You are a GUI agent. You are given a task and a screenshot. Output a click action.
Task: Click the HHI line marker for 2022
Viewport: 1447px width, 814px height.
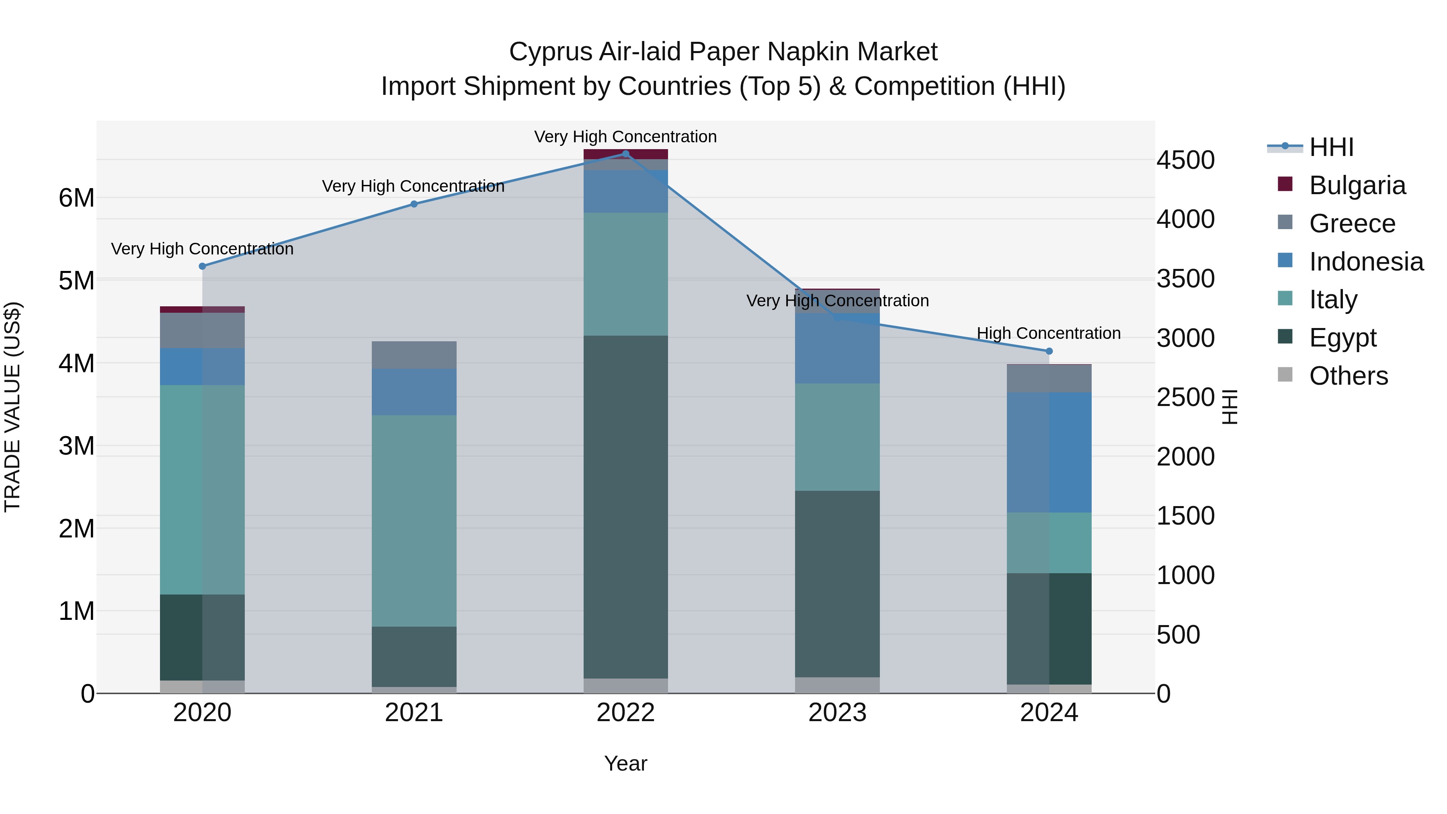tap(626, 154)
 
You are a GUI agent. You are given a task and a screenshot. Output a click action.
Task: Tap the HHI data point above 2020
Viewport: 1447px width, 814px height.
tap(203, 266)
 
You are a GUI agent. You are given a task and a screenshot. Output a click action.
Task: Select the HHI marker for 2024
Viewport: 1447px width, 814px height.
tap(1049, 351)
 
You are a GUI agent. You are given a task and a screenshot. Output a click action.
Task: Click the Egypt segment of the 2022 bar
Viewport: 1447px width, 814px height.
tap(626, 506)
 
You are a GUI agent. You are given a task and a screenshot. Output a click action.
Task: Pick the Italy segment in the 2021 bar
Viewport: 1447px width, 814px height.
tap(414, 520)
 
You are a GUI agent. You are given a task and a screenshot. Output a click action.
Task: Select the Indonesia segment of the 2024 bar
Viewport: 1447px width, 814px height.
tap(1049, 452)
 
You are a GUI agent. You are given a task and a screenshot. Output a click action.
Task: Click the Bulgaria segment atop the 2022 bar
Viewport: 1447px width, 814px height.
tap(626, 154)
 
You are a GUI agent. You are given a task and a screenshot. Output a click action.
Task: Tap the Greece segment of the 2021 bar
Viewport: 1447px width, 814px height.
tap(414, 355)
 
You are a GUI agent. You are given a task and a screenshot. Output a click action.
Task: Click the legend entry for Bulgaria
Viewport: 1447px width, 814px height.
tap(1357, 185)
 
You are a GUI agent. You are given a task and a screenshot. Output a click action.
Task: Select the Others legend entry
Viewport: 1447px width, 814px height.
tap(1348, 376)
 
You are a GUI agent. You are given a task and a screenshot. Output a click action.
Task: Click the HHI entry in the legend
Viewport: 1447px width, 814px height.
tap(1331, 147)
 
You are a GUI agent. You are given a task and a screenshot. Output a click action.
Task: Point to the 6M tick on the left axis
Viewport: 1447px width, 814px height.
tap(76, 198)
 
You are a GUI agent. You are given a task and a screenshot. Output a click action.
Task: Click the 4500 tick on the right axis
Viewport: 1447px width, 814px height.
tap(1185, 160)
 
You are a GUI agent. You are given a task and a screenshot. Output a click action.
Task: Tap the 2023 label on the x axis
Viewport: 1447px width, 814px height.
tap(837, 713)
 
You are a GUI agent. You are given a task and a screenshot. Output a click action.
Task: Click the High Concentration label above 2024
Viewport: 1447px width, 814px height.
tap(1048, 333)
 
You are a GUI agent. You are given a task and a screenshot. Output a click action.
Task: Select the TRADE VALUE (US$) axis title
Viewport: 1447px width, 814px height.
tap(12, 407)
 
